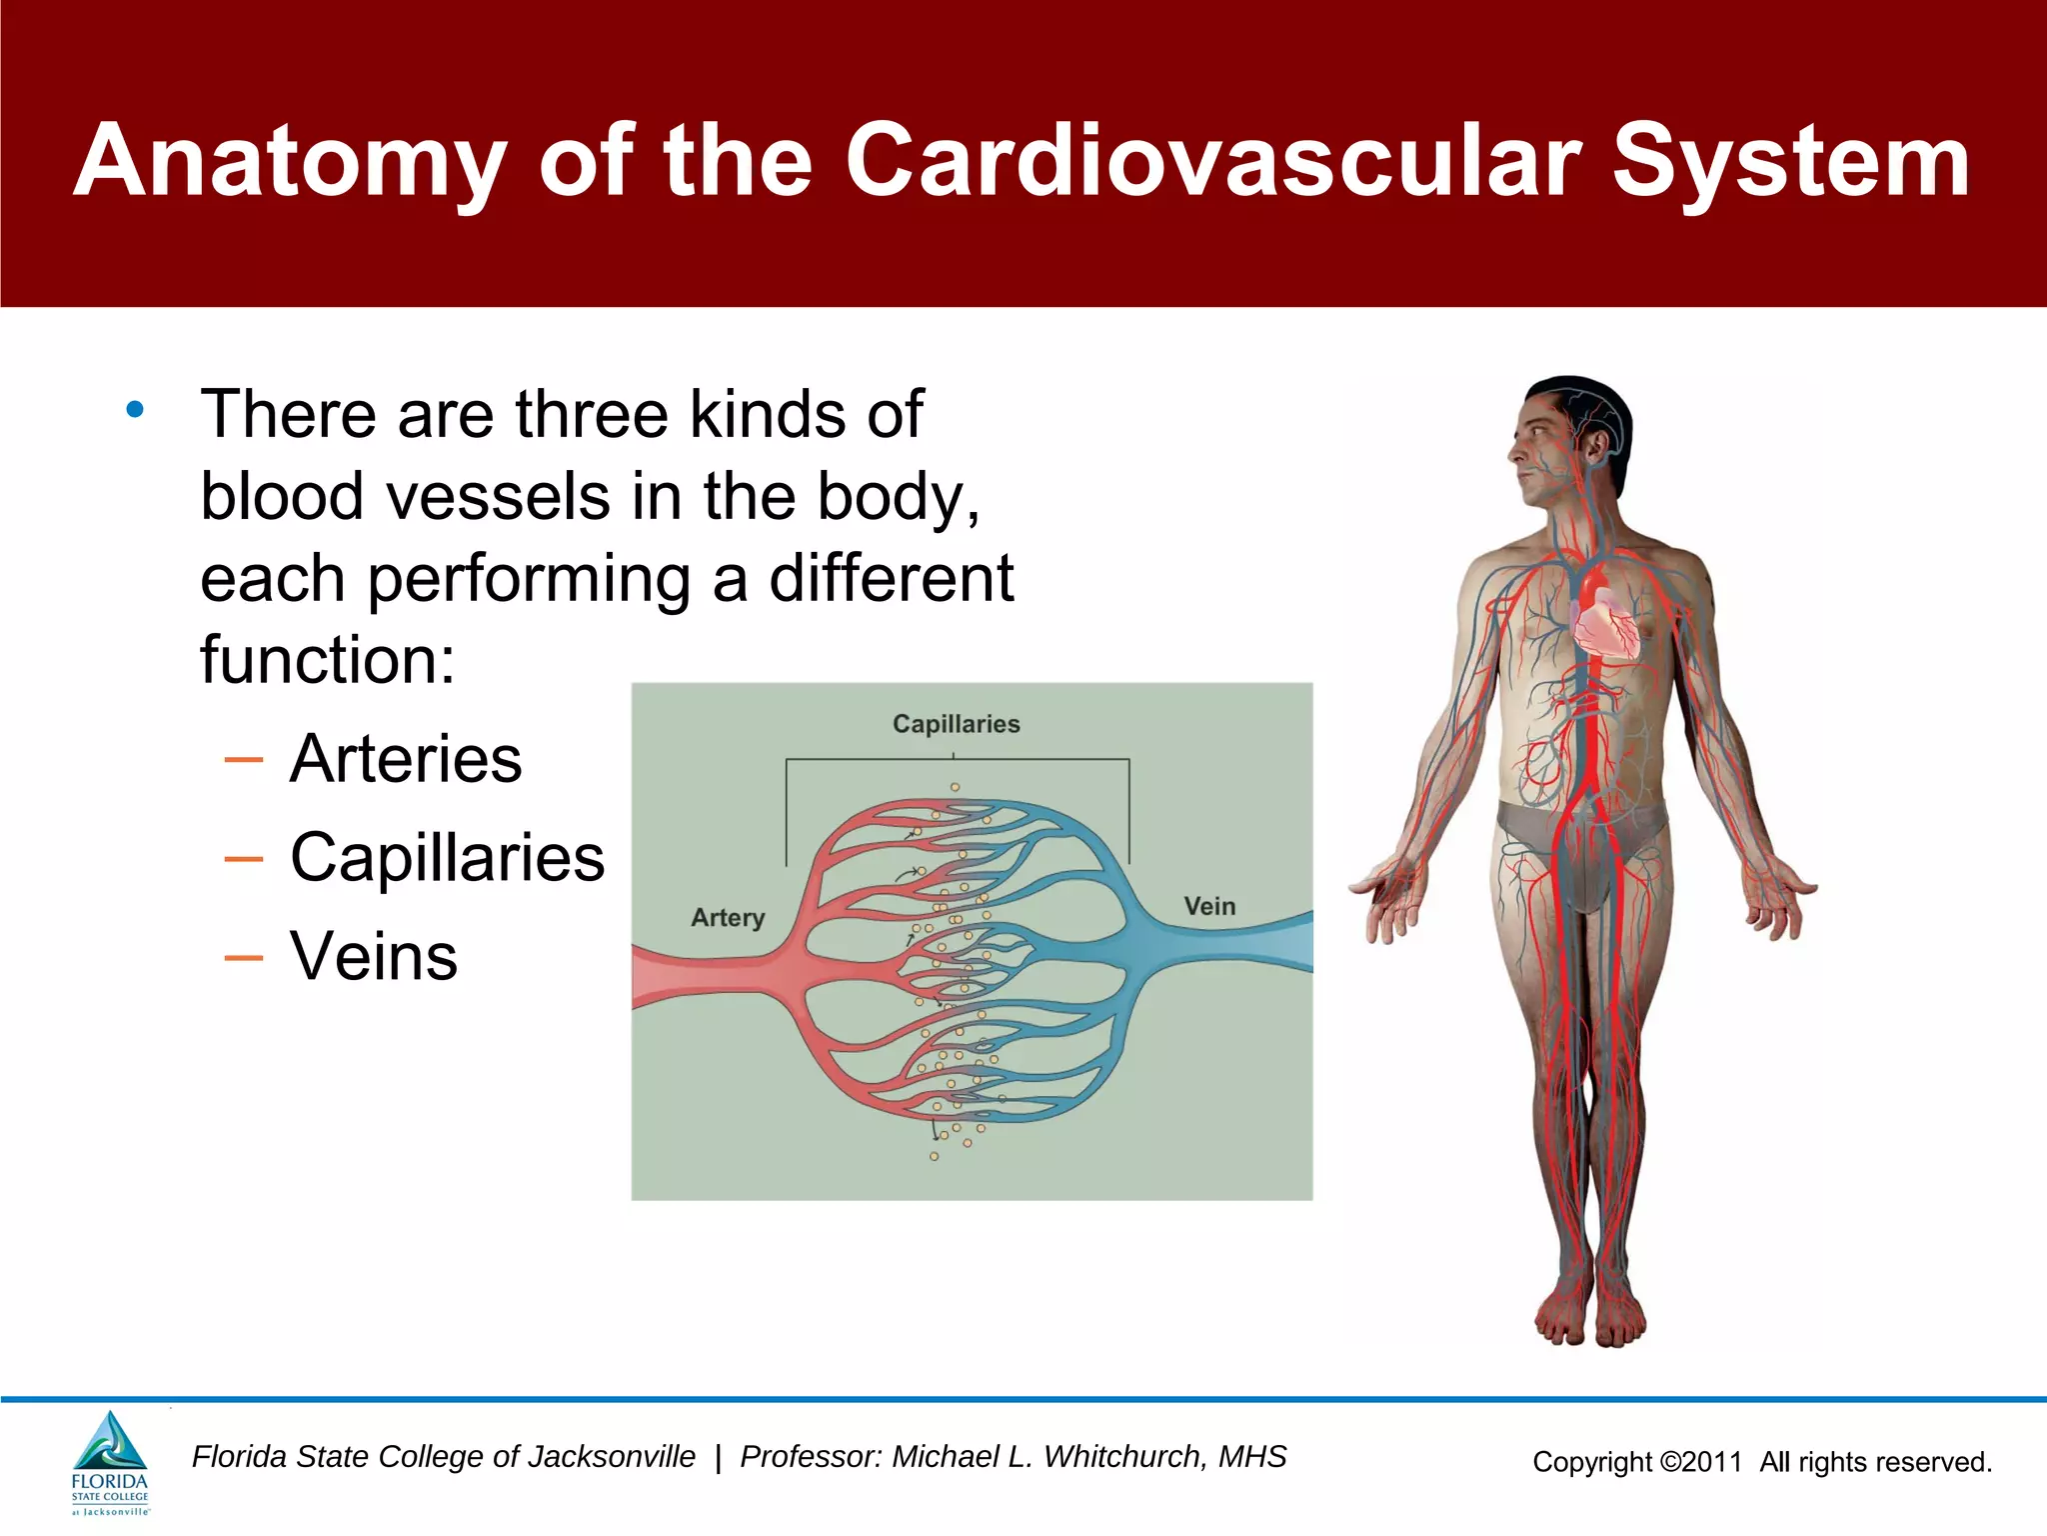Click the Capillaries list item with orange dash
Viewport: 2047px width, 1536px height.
pyautogui.click(x=447, y=858)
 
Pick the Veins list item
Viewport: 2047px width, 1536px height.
pyautogui.click(x=373, y=956)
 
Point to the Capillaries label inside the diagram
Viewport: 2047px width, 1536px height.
pyautogui.click(x=956, y=724)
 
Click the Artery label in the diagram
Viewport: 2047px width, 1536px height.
pyautogui.click(x=728, y=917)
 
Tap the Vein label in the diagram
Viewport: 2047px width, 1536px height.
pyautogui.click(x=1209, y=906)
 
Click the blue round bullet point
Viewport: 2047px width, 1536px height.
pyautogui.click(x=135, y=409)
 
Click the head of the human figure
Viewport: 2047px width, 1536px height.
pyautogui.click(x=1569, y=440)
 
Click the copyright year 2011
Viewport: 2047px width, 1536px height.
pyautogui.click(x=1711, y=1462)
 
